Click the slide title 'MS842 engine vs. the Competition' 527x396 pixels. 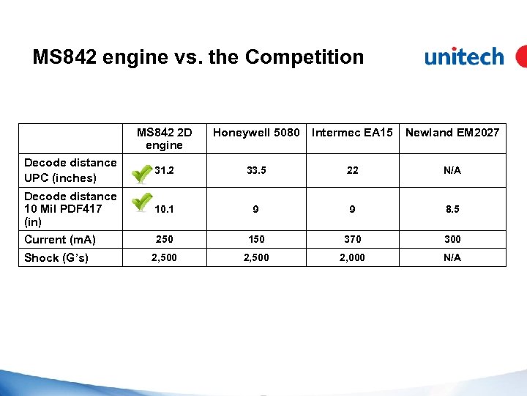(198, 57)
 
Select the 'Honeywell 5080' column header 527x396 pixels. (256, 133)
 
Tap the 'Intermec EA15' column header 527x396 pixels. (353, 133)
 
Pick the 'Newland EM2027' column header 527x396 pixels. (452, 133)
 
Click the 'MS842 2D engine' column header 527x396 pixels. (165, 139)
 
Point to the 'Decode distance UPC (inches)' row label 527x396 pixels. (70, 170)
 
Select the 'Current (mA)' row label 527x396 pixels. (60, 240)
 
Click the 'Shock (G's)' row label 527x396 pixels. (56, 257)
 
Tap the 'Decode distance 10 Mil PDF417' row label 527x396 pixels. (70, 208)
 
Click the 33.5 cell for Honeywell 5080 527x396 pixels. (256, 171)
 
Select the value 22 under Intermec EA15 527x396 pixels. (353, 171)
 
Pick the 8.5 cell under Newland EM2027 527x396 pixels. (452, 210)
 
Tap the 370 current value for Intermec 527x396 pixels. (353, 240)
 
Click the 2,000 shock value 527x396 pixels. (353, 257)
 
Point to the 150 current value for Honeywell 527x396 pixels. (256, 240)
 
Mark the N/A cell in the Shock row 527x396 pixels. (452, 257)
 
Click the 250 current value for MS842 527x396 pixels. (165, 240)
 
